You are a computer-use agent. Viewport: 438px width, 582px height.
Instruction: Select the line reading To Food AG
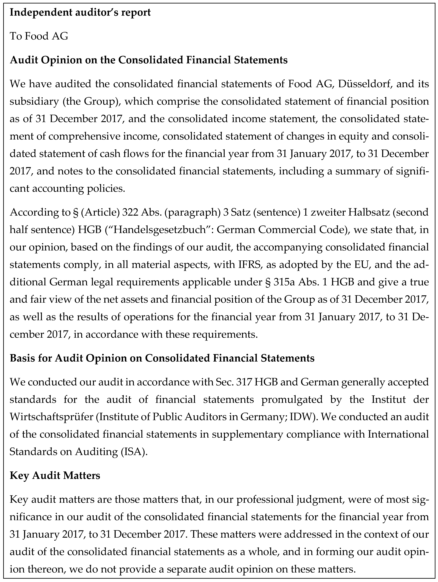click(39, 36)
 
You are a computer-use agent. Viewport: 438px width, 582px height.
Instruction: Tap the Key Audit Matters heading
click(55, 475)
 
